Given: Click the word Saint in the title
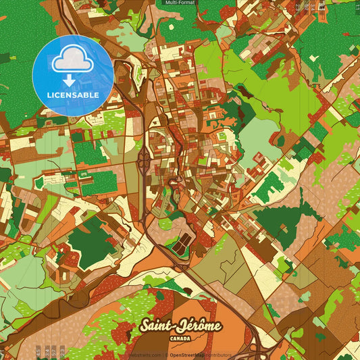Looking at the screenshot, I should coord(156,326).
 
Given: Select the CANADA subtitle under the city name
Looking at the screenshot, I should coord(180,337).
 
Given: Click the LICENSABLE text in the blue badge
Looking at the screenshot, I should coord(73,95).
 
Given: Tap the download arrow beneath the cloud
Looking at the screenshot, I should coord(70,80).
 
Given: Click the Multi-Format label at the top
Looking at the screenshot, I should coord(179,3).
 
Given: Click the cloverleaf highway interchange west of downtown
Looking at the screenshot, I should coord(145,161).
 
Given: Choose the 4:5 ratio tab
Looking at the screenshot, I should coord(38,351).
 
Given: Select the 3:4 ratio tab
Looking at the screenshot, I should coord(47,351).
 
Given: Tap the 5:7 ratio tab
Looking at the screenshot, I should coord(54,351).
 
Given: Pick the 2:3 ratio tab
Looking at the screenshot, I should coord(62,351).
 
